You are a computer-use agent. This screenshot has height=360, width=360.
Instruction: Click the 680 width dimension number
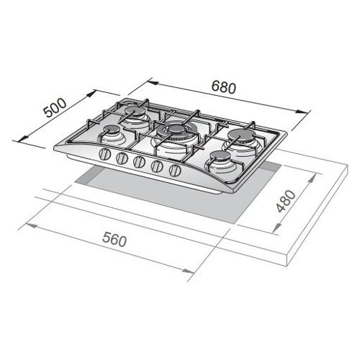point(224,87)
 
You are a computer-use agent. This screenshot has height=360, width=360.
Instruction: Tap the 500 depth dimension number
point(55,108)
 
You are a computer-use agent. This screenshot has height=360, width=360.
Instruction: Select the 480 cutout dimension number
point(286,201)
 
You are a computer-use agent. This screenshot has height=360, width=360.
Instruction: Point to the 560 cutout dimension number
point(114,240)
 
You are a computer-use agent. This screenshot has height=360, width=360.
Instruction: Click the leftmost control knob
point(105,154)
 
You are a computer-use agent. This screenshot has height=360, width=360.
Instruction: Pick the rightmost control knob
point(175,170)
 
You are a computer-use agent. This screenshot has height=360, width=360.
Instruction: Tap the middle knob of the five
point(139,162)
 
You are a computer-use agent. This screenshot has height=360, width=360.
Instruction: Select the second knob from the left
point(122,158)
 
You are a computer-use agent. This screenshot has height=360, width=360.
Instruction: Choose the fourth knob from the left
point(157,166)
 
